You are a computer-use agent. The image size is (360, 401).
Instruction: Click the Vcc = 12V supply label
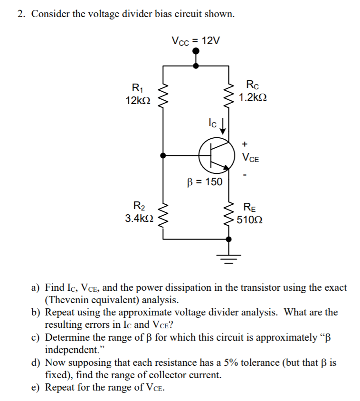pos(196,41)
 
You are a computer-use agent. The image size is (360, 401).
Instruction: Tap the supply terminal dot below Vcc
pos(196,55)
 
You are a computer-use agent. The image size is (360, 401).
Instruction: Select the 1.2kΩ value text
pos(253,98)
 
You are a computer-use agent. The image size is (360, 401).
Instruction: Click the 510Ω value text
pos(253,220)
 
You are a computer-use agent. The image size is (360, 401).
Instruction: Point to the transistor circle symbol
pos(217,155)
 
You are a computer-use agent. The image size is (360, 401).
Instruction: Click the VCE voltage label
pos(250,158)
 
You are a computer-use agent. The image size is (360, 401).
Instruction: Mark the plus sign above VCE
pos(245,143)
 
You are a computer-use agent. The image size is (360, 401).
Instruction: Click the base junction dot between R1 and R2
pos(164,155)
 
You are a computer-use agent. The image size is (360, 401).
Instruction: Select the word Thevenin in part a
pos(70,300)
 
